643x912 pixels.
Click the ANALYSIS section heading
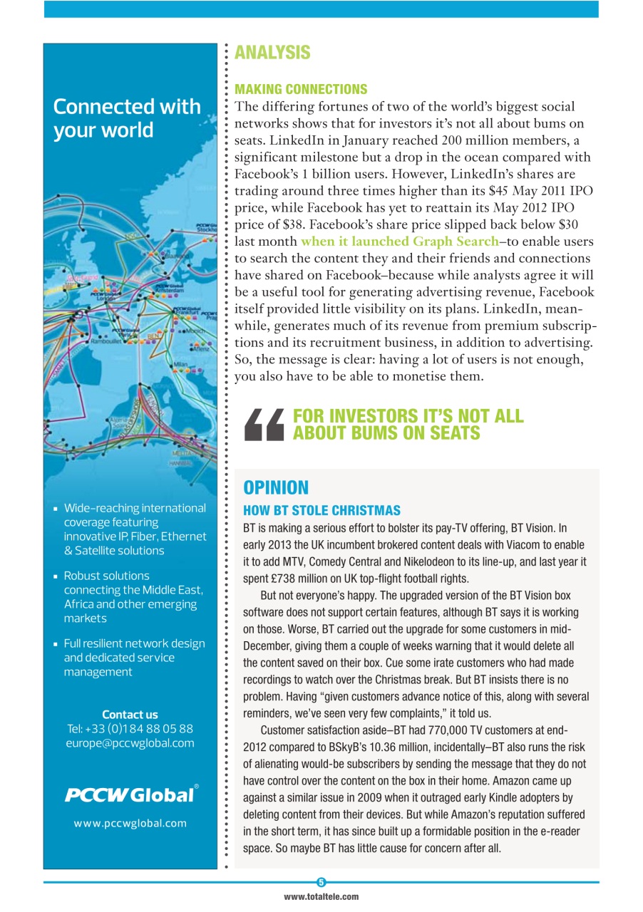[x=272, y=53]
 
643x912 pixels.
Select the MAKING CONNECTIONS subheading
[x=301, y=89]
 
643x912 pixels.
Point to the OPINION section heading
[x=276, y=488]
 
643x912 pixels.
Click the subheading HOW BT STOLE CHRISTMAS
[x=321, y=511]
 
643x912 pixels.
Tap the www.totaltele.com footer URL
[x=321, y=897]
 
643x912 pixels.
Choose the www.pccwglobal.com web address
[x=130, y=823]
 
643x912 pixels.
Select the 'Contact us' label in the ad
[x=130, y=715]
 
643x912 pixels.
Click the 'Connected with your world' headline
[x=127, y=118]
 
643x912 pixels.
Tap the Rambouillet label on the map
[x=106, y=341]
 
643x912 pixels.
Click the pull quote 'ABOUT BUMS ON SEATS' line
[x=386, y=432]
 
